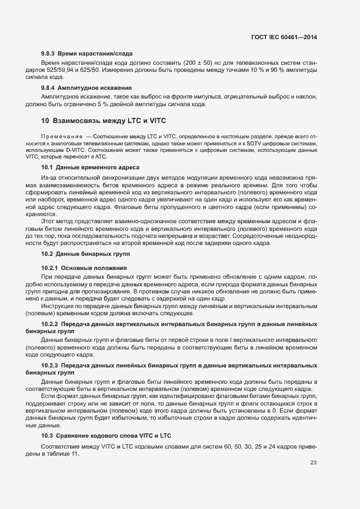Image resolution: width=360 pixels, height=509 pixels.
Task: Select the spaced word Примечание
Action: point(59,135)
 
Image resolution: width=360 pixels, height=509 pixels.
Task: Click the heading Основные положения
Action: point(94,268)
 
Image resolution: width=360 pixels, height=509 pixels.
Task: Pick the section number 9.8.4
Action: point(50,88)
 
